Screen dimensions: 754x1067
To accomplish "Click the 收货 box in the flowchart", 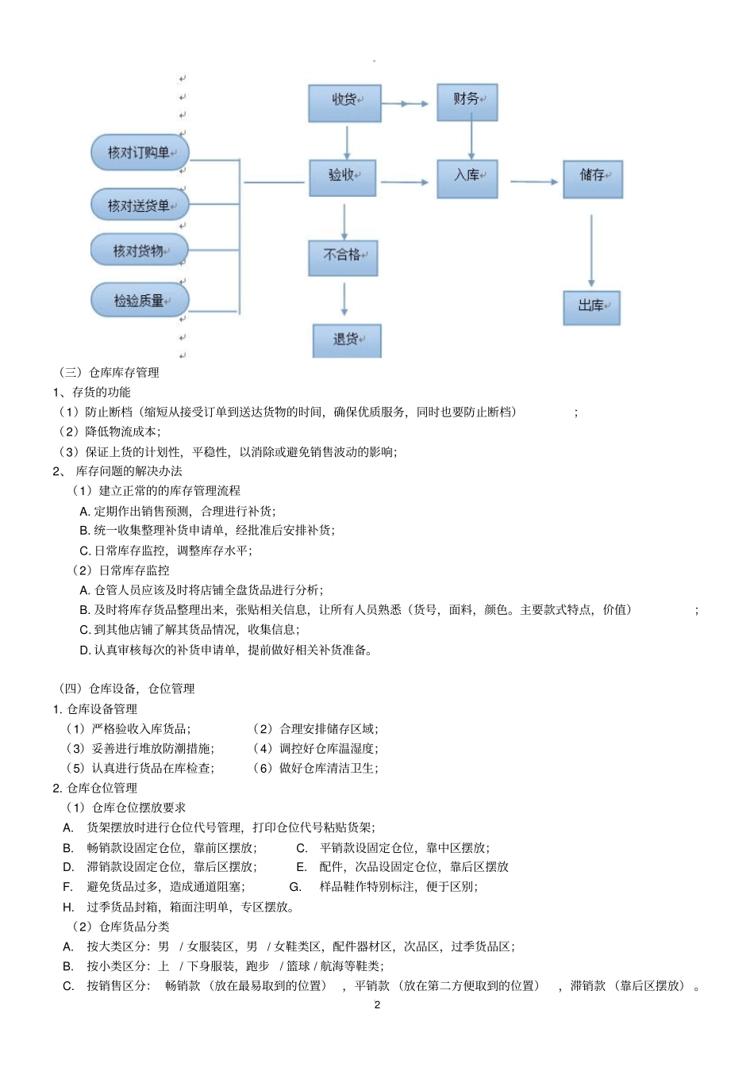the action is pyautogui.click(x=344, y=103).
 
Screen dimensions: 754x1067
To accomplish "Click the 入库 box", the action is pyautogui.click(x=467, y=178).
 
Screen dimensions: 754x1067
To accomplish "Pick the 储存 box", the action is pyautogui.click(x=593, y=178).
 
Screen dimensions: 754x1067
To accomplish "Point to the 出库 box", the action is pyautogui.click(x=591, y=308).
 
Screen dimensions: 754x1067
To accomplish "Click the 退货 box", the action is pyautogui.click(x=347, y=341).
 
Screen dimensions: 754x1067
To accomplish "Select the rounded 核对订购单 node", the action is pyautogui.click(x=140, y=153).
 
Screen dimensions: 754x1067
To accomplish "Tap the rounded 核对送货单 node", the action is pyautogui.click(x=140, y=206).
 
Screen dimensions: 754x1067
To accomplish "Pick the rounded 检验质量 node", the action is pyautogui.click(x=140, y=301).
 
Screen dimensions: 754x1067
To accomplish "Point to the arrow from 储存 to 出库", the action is pyautogui.click(x=591, y=249).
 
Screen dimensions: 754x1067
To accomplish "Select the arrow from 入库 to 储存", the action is pyautogui.click(x=533, y=182).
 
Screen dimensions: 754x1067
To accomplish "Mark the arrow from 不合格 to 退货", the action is pyautogui.click(x=344, y=300).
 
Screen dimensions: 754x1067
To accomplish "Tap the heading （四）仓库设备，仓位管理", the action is pyautogui.click(x=127, y=689).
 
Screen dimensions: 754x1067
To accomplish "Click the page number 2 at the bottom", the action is pyautogui.click(x=377, y=1004).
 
